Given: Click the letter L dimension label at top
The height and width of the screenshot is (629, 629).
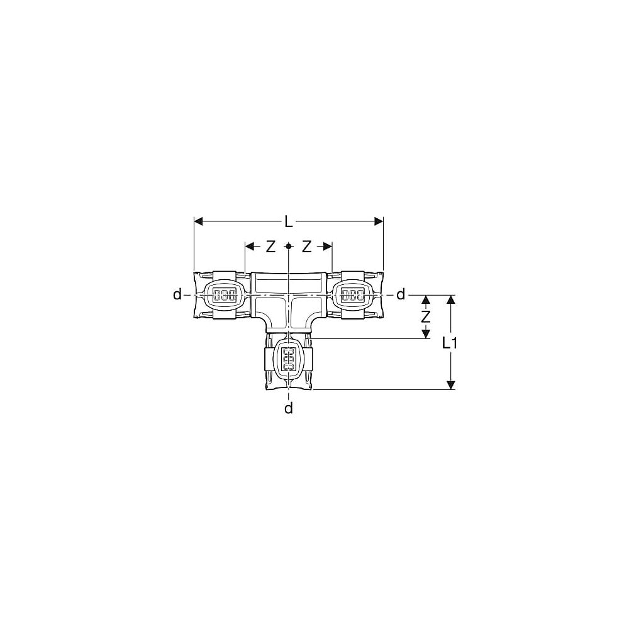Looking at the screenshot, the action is click(x=289, y=221).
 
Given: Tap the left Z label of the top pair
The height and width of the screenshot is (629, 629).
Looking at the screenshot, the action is click(x=270, y=247).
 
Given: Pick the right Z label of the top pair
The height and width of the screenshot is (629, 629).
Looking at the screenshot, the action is click(x=306, y=247).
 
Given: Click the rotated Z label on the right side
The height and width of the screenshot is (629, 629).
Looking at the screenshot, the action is click(x=426, y=317).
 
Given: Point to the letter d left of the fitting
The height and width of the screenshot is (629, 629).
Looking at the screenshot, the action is click(x=177, y=294).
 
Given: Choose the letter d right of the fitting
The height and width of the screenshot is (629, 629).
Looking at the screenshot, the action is click(x=400, y=294).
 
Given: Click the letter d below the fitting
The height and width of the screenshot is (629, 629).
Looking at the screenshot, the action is click(x=289, y=408).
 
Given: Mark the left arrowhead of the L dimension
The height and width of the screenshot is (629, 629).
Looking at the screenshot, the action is click(x=199, y=221).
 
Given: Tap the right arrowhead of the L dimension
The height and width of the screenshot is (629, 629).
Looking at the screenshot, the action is click(x=378, y=221).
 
